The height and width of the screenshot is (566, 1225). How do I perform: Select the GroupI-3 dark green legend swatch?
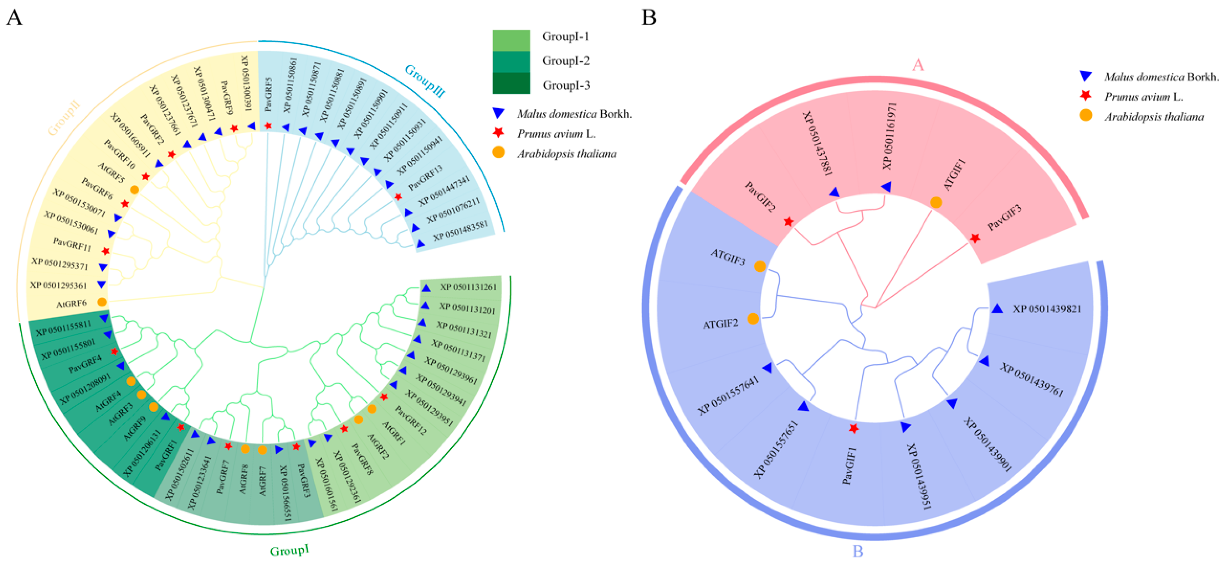pyautogui.click(x=511, y=84)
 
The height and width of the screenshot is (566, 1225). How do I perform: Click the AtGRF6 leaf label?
pyautogui.click(x=71, y=303)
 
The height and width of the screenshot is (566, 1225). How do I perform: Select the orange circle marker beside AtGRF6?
pyautogui.click(x=102, y=301)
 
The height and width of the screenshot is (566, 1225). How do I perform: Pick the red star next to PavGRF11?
pyautogui.click(x=106, y=251)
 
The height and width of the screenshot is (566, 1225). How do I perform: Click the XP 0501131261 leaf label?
pyautogui.click(x=468, y=287)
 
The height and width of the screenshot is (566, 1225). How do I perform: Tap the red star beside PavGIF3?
pyautogui.click(x=975, y=238)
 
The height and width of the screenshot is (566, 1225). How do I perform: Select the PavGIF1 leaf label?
pyautogui.click(x=849, y=466)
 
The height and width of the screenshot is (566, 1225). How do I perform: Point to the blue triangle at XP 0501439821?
pyautogui.click(x=997, y=309)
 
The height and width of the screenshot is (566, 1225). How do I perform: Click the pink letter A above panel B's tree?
pyautogui.click(x=918, y=64)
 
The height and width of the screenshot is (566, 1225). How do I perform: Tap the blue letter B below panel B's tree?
pyautogui.click(x=857, y=551)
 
